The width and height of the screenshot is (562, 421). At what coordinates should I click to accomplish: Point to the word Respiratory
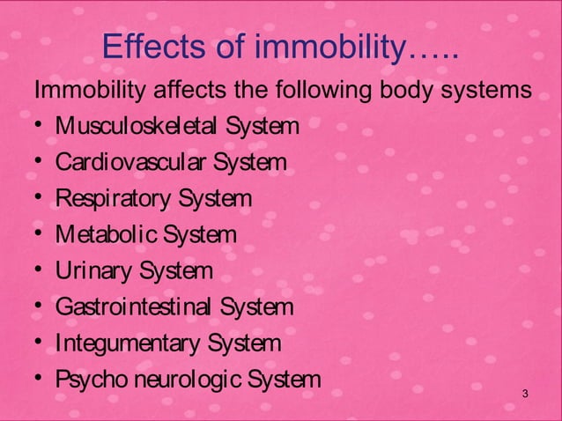pos(112,199)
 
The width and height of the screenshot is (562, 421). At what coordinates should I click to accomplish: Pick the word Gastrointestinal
pos(134,307)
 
